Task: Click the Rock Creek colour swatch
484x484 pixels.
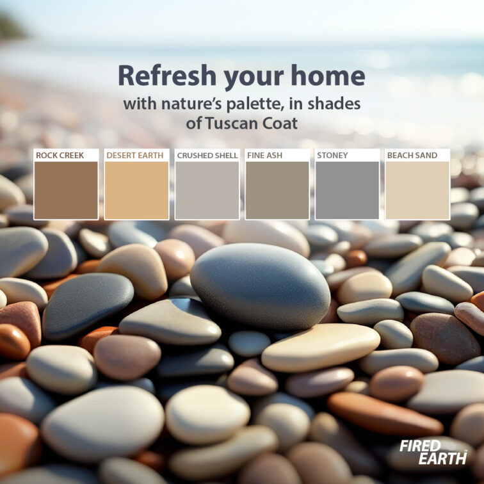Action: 66,190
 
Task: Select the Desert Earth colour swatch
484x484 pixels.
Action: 136,190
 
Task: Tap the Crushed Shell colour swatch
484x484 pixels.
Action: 207,190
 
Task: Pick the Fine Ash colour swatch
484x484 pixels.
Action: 277,190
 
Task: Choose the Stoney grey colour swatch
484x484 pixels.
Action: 347,190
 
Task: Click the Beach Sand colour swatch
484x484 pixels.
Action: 417,190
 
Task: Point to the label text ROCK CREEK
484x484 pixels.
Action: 60,156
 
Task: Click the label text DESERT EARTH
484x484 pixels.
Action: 135,156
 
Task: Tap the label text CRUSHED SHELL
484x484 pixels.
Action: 207,156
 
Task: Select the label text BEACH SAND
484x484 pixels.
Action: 412,156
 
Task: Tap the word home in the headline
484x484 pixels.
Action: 328,76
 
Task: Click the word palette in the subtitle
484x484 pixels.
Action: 255,104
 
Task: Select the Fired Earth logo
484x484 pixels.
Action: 433,452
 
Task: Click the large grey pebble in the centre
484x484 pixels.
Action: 260,286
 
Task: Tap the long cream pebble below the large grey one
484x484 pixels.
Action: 321,347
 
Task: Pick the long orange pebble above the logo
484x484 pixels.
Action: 385,414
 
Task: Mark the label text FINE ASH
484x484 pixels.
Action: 265,156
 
